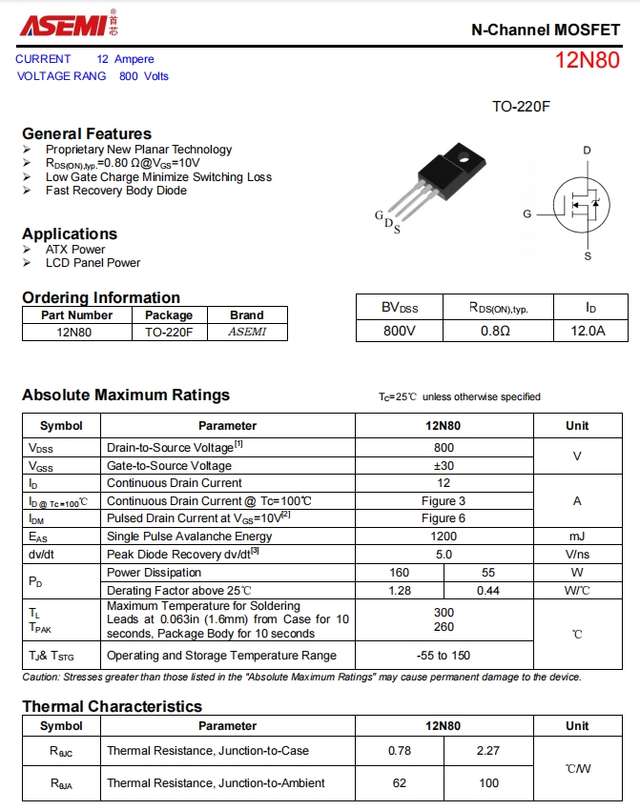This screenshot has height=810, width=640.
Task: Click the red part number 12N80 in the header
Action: [587, 60]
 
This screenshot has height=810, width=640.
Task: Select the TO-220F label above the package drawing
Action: [521, 107]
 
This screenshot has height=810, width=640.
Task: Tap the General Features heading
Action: [87, 133]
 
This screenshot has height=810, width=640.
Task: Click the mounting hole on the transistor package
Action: [465, 156]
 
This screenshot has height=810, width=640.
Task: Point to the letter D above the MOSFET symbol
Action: [588, 151]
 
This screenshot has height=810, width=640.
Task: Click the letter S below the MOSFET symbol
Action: [588, 255]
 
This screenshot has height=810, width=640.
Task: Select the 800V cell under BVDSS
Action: [400, 331]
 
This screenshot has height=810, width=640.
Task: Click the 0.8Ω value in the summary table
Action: [495, 331]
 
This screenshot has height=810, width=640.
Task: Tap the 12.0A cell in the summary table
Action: [588, 331]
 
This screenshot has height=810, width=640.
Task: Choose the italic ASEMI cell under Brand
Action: [247, 332]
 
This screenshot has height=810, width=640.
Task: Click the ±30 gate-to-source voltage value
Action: [444, 465]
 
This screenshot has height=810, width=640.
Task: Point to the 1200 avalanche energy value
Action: [444, 537]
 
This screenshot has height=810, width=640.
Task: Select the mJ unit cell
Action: [577, 537]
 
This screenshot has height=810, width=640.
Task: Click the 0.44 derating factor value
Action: [488, 590]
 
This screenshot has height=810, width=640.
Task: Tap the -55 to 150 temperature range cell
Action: [444, 655]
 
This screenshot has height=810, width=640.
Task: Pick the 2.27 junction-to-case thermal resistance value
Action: [487, 750]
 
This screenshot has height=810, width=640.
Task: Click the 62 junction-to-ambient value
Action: [400, 782]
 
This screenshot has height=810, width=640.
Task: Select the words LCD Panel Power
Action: [93, 263]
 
